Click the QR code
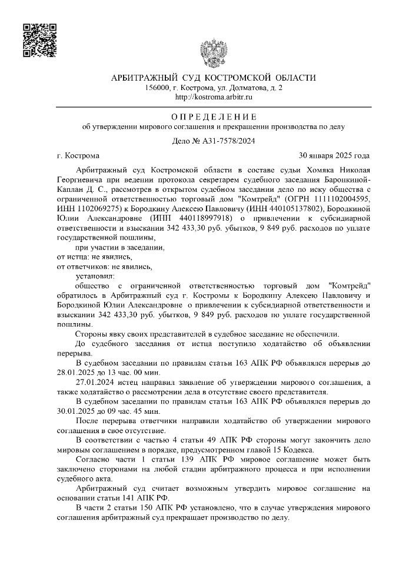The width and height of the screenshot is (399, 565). [39, 41]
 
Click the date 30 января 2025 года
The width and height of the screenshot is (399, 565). [334, 157]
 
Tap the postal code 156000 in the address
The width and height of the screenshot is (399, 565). [156, 88]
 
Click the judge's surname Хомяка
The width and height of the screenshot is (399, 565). [304, 169]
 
